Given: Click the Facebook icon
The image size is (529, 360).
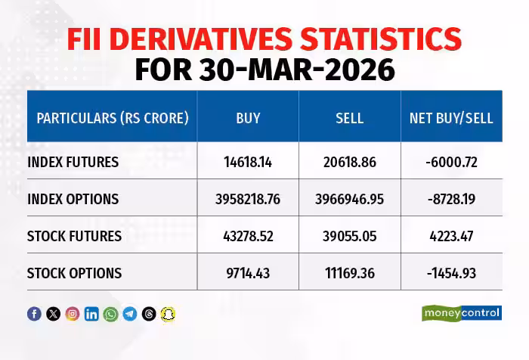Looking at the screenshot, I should (34, 314).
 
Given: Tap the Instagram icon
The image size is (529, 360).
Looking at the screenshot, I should (73, 314).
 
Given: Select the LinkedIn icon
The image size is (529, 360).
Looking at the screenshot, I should (91, 314).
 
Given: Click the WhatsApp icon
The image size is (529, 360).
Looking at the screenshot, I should (111, 314).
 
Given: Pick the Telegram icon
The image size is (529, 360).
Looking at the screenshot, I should (130, 314).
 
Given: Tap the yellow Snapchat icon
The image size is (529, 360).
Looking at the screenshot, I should (169, 314).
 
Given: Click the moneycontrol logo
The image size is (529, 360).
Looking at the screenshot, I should (461, 313).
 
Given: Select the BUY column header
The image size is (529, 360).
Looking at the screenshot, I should (248, 118).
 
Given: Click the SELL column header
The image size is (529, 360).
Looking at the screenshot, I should (349, 118).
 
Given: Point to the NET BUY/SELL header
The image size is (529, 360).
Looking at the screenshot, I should (451, 118).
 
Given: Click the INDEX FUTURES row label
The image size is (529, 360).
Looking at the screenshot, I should (73, 162).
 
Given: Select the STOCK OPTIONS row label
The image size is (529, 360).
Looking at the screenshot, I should (74, 273).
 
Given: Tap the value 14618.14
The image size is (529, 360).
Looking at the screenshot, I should (248, 162).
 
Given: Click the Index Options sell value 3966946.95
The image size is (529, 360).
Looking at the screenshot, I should (349, 199).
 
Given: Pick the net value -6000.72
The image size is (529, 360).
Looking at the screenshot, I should (450, 162).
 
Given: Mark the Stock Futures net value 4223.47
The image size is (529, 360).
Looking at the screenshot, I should (450, 236).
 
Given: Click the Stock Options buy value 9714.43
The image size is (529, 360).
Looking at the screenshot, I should (248, 273).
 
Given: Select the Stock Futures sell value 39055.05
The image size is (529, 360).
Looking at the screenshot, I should (349, 236).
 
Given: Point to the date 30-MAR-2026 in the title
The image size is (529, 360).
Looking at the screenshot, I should (298, 70).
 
